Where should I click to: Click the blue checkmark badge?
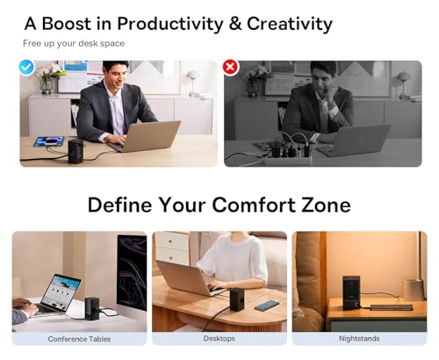point(26,68)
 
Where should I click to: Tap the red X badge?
point(230,68)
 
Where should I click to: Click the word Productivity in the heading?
point(170,24)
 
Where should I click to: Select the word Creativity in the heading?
point(290,24)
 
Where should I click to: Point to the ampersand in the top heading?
point(235,24)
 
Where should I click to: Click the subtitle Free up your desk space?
point(74,44)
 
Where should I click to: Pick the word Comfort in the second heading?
point(254,205)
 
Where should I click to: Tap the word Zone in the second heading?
point(326,205)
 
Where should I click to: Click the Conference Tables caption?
point(79,339)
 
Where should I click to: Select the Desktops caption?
point(219,339)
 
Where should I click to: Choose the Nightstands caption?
point(359,339)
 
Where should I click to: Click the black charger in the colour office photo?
point(76,151)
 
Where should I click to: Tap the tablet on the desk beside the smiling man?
point(49,141)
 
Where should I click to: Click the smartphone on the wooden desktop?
point(267,306)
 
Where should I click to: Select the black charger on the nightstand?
point(351,292)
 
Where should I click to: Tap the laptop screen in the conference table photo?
point(61,293)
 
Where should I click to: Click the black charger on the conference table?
point(92,309)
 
